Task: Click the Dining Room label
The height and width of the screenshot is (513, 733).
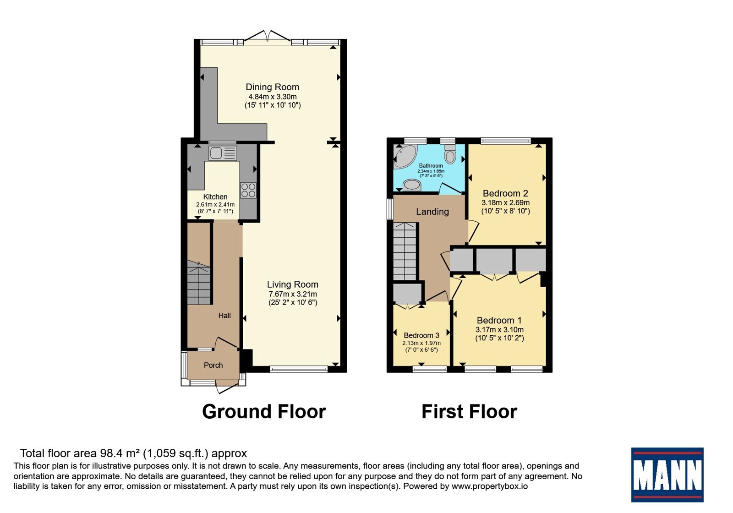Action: tap(272, 87)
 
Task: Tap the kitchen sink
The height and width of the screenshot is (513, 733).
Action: tap(223, 153)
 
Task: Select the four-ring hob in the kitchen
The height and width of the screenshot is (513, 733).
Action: tap(248, 191)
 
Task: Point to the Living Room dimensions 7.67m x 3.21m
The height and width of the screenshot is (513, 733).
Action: tap(293, 294)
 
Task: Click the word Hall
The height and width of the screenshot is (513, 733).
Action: tap(224, 316)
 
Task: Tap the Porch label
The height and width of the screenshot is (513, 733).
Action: tap(213, 365)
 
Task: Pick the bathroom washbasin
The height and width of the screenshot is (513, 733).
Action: tap(412, 185)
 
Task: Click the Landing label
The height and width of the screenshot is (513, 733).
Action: tap(432, 212)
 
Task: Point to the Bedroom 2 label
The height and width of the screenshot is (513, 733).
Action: tap(505, 193)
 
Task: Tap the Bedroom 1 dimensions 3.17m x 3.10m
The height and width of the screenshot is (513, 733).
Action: tap(499, 329)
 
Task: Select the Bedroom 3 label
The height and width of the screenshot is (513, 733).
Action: tap(421, 335)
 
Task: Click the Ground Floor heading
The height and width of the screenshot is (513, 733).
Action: tap(264, 412)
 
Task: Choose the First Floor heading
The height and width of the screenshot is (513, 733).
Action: tap(469, 412)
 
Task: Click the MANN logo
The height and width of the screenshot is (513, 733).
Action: tap(667, 475)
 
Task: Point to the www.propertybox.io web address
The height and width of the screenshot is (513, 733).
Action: tap(490, 486)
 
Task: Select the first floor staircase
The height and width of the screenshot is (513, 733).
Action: tap(405, 251)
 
